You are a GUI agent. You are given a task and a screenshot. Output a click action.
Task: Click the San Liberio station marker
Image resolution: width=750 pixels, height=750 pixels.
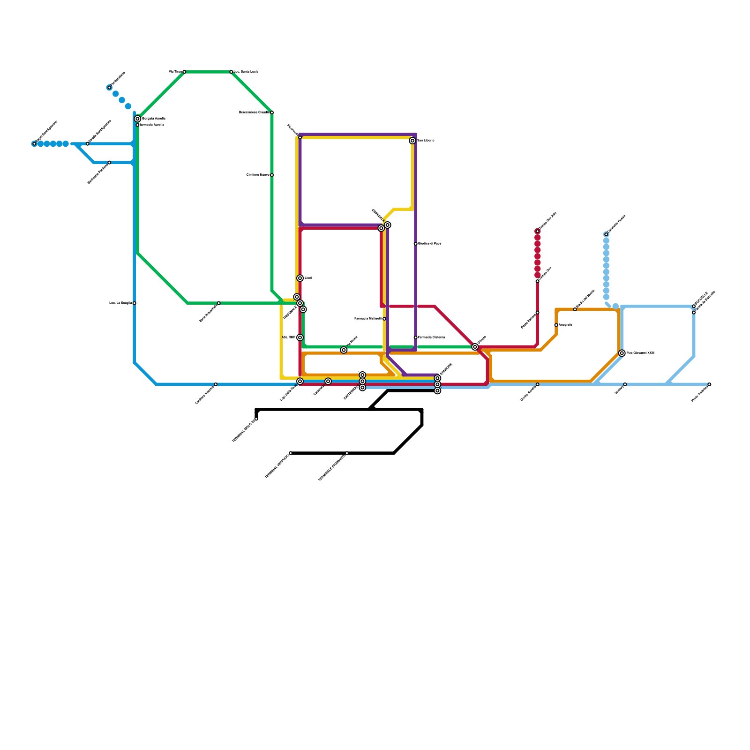(x=412, y=141)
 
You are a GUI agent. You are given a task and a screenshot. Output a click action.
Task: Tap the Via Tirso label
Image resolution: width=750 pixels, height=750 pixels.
(x=175, y=72)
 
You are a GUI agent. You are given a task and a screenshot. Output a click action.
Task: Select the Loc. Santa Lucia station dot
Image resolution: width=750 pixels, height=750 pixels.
(x=231, y=72)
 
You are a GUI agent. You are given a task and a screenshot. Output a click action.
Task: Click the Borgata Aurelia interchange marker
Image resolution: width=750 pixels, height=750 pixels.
(x=137, y=119)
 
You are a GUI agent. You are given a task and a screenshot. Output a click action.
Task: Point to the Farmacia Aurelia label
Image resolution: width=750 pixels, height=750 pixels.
(x=152, y=125)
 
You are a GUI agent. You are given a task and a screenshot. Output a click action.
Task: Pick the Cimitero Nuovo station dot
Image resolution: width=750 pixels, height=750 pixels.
(x=272, y=175)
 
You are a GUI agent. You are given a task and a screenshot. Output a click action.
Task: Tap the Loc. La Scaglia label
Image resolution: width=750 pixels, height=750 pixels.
(x=120, y=303)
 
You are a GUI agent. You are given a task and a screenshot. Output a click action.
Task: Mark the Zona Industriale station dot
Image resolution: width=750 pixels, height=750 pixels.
(x=219, y=303)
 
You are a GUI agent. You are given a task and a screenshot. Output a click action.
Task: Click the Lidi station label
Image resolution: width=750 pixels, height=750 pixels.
(x=308, y=278)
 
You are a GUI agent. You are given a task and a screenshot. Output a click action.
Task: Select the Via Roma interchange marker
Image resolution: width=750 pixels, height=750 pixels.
(x=344, y=350)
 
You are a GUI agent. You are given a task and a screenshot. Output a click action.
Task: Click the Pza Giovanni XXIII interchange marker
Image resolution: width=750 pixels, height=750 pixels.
(x=622, y=353)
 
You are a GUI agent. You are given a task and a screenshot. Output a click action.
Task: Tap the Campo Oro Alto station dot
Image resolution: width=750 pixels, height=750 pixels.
(x=538, y=231)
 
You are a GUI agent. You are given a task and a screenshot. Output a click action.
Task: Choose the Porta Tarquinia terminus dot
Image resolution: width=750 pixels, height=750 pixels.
(x=709, y=384)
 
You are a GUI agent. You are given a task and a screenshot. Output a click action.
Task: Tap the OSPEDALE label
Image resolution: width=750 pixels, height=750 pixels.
(x=378, y=216)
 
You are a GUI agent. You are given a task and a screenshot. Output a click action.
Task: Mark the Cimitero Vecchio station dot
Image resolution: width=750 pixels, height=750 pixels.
(x=216, y=384)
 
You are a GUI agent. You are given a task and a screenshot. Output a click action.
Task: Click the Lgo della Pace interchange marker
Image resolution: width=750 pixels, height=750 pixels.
(x=300, y=381)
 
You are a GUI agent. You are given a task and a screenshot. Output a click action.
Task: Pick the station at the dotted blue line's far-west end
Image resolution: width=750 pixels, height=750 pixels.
(x=34, y=144)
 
